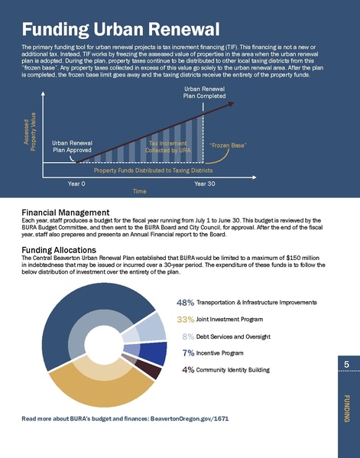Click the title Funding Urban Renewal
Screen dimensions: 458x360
click(121, 31)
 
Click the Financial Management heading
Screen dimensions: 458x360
click(66, 212)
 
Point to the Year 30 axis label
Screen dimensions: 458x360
click(205, 184)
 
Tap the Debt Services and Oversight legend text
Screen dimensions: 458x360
click(234, 336)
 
